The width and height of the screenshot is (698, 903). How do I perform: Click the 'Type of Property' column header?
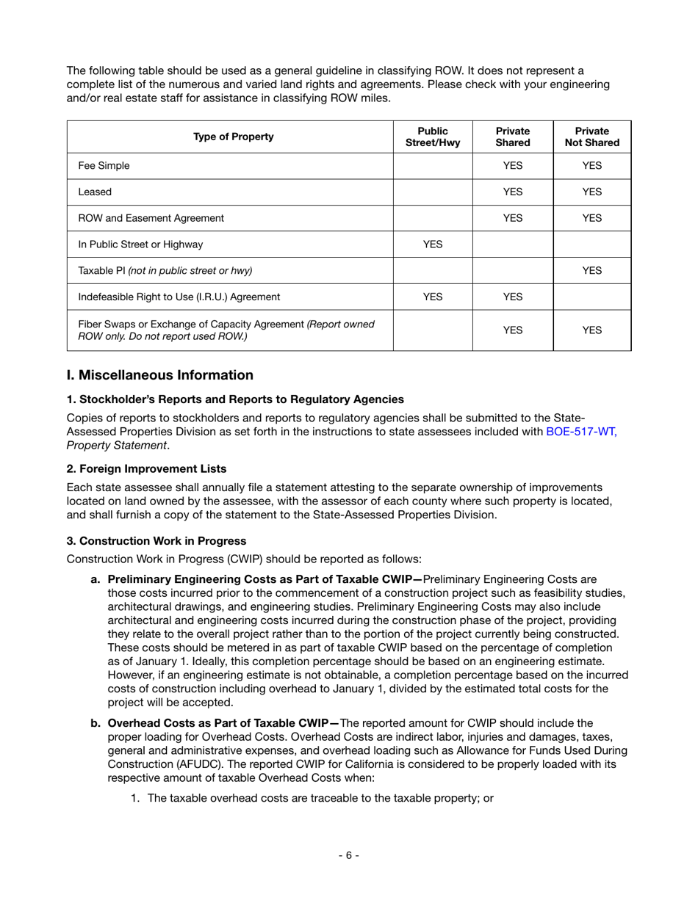233,137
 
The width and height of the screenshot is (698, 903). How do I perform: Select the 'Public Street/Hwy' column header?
433,137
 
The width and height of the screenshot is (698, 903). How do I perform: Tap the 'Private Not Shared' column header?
591,137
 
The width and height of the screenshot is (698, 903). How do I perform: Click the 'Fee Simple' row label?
104,166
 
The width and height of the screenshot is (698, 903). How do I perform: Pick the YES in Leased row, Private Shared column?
512,192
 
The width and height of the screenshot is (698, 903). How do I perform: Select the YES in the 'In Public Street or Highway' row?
433,244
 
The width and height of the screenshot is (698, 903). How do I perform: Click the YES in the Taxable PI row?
591,270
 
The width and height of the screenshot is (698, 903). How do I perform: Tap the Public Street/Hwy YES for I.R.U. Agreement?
433,297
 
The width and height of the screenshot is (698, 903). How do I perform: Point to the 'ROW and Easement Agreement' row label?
151,218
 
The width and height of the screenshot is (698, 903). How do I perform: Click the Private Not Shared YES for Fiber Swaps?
591,330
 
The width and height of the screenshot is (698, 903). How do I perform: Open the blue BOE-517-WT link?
581,432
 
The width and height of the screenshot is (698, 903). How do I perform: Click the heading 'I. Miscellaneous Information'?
159,375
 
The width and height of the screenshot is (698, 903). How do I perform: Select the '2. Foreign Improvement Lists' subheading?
146,468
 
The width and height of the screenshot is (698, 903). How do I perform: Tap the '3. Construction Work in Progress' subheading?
156,541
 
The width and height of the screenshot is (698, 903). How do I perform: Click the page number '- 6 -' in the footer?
348,855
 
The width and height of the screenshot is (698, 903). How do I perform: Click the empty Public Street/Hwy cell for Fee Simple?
433,166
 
